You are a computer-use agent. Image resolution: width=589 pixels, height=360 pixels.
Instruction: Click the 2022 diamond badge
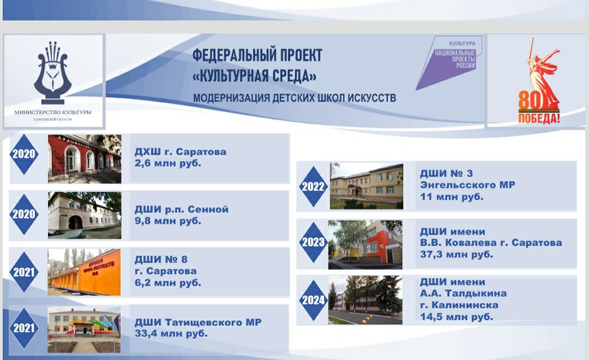(x=313, y=187)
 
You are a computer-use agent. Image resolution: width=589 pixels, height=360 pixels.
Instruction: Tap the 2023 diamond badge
(x=313, y=242)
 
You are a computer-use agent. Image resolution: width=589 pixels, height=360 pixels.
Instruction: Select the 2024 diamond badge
(x=313, y=300)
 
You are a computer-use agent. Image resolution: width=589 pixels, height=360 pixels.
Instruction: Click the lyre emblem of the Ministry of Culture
(x=52, y=73)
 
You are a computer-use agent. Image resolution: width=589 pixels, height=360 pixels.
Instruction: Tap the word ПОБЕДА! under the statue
(x=539, y=118)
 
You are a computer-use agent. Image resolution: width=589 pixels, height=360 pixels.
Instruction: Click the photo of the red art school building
(x=85, y=159)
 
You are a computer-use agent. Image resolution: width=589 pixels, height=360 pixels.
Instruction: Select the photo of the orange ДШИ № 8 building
(x=84, y=272)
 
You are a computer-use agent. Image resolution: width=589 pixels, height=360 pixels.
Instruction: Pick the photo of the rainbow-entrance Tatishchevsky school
(x=84, y=329)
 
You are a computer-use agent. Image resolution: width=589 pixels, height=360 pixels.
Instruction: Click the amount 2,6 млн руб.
(x=168, y=164)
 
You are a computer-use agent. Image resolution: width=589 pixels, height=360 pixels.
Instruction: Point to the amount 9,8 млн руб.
(x=168, y=221)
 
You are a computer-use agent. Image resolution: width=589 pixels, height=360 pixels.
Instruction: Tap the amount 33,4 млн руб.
(x=171, y=333)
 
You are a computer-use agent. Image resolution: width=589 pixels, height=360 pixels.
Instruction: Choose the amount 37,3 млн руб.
(x=456, y=254)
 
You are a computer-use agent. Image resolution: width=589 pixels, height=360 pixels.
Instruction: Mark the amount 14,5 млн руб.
(x=456, y=317)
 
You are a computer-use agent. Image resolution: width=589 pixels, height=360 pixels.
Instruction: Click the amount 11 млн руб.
(x=452, y=197)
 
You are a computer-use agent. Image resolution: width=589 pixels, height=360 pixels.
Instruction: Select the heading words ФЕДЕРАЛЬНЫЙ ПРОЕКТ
(x=257, y=55)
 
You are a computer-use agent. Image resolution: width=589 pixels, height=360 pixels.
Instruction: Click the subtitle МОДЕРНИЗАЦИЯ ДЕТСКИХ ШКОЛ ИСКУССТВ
(x=294, y=98)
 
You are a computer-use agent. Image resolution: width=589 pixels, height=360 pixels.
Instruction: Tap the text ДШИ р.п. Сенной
(x=182, y=209)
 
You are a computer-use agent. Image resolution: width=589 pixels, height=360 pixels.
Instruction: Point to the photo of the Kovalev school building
(x=365, y=244)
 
